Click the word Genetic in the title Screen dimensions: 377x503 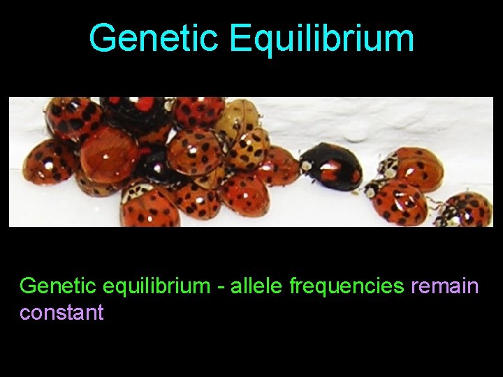154,39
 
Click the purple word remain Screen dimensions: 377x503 445,286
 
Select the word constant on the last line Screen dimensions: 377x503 61,312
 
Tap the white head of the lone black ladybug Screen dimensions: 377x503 307,166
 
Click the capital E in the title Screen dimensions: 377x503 241,39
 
